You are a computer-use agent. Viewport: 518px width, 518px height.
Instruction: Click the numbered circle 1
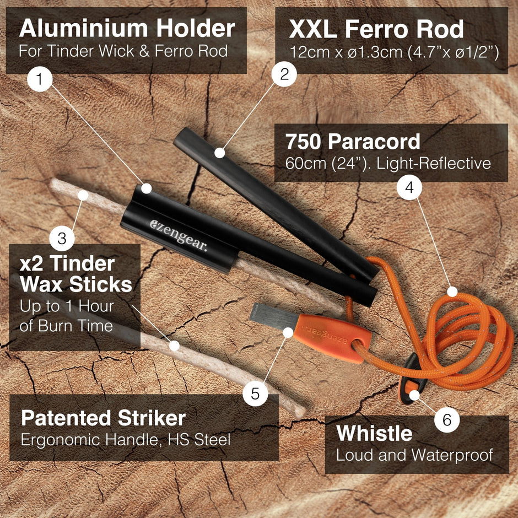[x=40, y=79]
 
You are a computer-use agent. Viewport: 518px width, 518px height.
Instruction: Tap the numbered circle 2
[x=284, y=74]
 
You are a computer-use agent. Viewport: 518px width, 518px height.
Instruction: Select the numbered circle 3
[x=62, y=238]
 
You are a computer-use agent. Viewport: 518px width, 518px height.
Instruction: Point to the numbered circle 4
[x=409, y=188]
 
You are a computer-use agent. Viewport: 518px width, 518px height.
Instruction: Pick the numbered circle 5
[x=255, y=393]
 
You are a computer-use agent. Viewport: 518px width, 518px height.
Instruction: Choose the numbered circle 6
[x=447, y=420]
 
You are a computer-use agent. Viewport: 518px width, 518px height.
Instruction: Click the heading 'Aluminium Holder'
[x=127, y=29]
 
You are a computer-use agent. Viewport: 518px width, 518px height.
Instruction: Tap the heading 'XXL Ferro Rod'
[x=376, y=29]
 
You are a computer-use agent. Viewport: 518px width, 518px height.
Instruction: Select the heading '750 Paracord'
[x=353, y=142]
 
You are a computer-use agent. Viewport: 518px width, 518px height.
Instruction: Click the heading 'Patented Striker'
[x=104, y=418]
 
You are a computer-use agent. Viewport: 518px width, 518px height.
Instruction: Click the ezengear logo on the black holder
[x=179, y=235]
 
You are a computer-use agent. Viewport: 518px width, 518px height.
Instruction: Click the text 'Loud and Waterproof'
[x=414, y=455]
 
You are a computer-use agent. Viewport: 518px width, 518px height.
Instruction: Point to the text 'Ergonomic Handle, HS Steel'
[x=126, y=440]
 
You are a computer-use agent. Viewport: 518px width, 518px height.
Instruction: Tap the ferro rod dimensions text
[x=394, y=52]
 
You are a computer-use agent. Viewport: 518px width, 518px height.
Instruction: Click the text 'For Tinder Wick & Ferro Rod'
[x=123, y=51]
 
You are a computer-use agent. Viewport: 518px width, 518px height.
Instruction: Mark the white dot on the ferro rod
[x=220, y=153]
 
